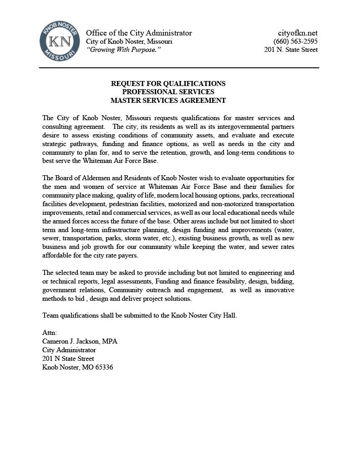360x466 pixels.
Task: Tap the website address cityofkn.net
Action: point(298,33)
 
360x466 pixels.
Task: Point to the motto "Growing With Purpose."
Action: point(124,50)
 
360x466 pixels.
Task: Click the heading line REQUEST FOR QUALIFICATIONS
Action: point(168,84)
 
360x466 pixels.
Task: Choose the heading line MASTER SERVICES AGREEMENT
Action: point(168,101)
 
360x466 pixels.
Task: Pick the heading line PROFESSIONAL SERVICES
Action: point(168,92)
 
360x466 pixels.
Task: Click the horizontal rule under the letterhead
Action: point(179,68)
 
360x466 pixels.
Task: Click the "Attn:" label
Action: point(50,333)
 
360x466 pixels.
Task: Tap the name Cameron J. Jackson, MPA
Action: point(80,341)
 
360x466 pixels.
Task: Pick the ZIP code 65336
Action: point(103,367)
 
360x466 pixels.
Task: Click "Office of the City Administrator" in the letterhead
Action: point(139,33)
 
